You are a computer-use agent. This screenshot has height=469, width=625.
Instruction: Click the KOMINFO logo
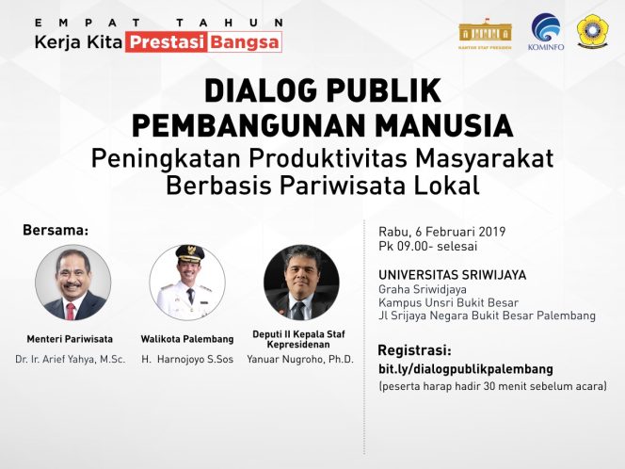click(x=546, y=30)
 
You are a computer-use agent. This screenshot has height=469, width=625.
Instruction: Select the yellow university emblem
click(x=592, y=30)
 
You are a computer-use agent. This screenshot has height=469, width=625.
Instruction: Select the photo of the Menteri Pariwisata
click(x=73, y=283)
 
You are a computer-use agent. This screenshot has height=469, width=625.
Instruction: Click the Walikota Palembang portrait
click(x=187, y=282)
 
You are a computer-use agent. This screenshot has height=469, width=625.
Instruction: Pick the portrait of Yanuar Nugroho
click(x=301, y=283)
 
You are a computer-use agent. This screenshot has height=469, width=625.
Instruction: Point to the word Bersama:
click(x=56, y=229)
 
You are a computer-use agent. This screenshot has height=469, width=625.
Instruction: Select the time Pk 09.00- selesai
click(x=428, y=247)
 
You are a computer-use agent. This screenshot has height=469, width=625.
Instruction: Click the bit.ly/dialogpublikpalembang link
click(x=465, y=368)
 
